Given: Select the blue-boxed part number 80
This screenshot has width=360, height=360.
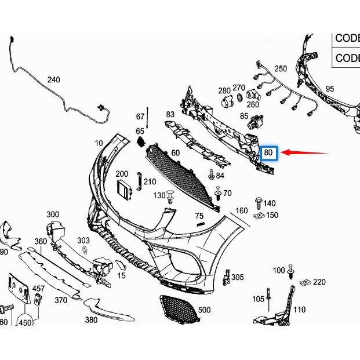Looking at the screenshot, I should point(268,153).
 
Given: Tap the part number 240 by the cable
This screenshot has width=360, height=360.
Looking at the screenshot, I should point(53,79).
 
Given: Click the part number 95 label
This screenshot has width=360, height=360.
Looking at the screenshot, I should point(330,89).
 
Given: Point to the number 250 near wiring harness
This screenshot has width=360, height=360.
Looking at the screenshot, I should point(281,68).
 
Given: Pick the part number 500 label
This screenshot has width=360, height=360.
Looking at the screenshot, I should point(204,310).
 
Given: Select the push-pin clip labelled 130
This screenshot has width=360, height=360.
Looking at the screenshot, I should point(170,197).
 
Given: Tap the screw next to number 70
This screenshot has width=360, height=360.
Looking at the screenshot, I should point(217,192).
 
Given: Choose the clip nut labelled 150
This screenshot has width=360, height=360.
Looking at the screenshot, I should point(259,216).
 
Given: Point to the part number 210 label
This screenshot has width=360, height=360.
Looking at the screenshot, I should point(150,182).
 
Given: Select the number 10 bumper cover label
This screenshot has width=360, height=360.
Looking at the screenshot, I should point(99,143).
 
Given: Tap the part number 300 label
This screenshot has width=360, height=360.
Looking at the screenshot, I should point(53,214).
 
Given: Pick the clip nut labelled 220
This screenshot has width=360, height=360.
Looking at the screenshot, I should point(305,282).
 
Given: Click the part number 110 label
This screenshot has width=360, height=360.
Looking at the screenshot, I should point(299,310).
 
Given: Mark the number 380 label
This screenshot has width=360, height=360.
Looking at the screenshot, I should point(91,319).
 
